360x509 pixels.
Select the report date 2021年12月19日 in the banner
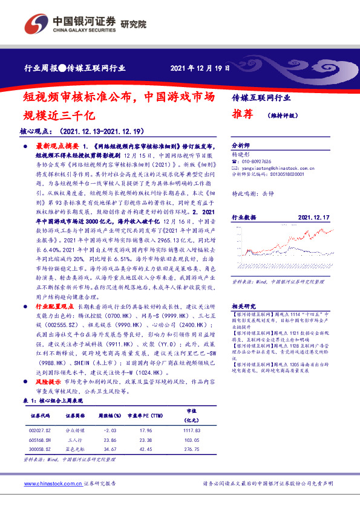(200, 68)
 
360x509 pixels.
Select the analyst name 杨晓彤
(241, 154)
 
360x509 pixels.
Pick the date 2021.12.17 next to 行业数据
(313, 216)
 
